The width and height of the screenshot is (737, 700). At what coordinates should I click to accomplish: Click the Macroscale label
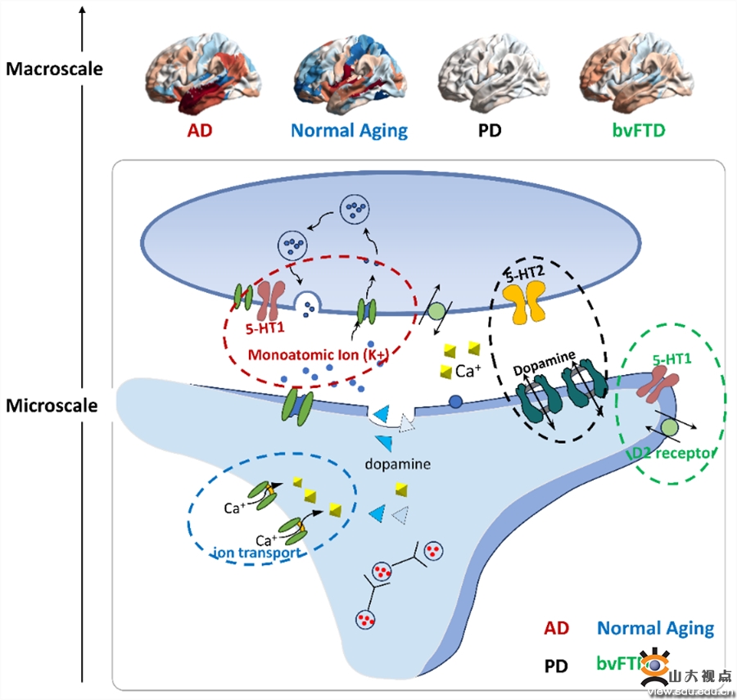[54, 69]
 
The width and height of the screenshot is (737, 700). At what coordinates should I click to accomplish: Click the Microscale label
[52, 405]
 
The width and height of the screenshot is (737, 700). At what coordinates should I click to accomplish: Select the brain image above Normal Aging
[349, 77]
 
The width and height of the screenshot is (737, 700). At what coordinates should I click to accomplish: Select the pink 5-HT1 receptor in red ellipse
[269, 300]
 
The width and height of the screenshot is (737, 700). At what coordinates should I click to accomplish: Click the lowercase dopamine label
[398, 463]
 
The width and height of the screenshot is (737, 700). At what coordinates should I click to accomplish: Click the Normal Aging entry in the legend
[655, 628]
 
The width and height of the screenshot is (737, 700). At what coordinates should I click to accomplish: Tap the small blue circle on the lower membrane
[456, 403]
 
